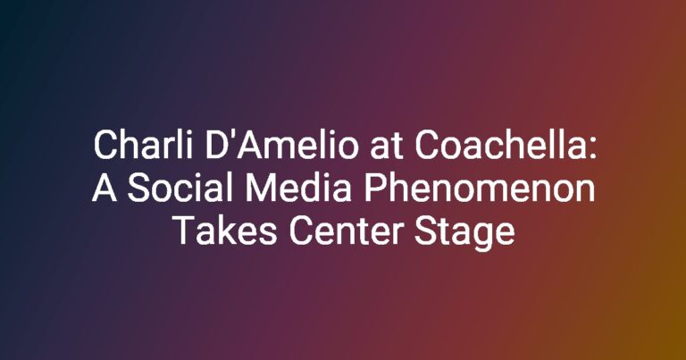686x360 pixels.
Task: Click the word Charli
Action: click(x=143, y=146)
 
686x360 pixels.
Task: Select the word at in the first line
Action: click(x=386, y=147)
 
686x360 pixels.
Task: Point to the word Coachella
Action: click(x=496, y=146)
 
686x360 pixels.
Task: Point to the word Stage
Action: click(x=464, y=233)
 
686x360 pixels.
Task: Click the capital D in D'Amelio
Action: click(x=215, y=146)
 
